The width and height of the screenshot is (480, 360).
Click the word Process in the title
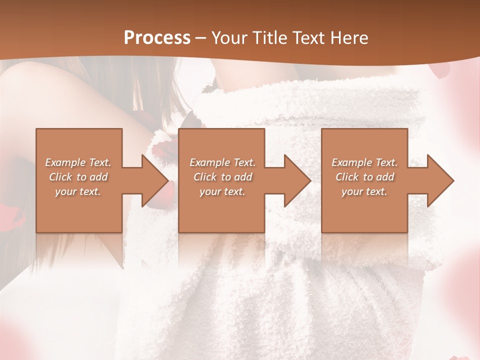(157, 38)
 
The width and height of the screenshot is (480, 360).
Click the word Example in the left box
(65, 162)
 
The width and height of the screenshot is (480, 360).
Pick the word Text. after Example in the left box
(99, 162)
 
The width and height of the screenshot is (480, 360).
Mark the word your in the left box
(65, 191)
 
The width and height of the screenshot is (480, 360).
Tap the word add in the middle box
(242, 177)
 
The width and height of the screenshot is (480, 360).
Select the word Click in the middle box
(205, 177)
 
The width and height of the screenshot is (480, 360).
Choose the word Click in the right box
(347, 177)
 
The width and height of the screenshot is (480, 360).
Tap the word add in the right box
(384, 177)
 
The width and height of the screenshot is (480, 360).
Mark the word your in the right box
(352, 191)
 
